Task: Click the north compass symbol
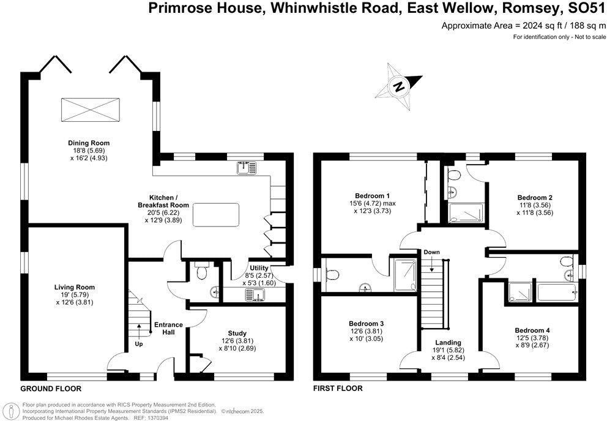(x=400, y=87)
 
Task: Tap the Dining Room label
(x=89, y=143)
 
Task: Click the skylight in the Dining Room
(x=89, y=110)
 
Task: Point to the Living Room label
(x=75, y=287)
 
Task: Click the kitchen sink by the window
(x=246, y=167)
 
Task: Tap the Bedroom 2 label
(x=535, y=198)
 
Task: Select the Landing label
(x=449, y=343)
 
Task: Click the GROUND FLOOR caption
(x=51, y=389)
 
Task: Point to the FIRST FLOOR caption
(x=338, y=389)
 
